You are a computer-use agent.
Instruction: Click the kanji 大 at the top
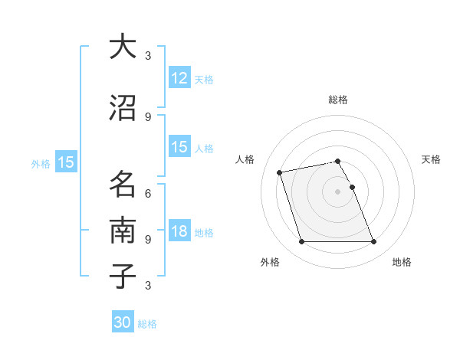123,47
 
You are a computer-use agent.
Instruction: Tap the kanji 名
123,184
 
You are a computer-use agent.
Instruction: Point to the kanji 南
123,230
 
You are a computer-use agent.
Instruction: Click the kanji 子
123,276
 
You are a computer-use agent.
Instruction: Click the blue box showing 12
179,78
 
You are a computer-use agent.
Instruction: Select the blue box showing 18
179,232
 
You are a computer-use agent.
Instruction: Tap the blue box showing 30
123,323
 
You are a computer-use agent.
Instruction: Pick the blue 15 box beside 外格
65,162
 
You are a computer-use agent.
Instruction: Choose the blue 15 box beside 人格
179,147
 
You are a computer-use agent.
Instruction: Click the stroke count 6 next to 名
148,193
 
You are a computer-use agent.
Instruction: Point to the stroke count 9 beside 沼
148,116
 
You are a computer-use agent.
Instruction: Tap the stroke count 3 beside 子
148,286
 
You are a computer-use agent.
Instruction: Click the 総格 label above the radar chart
338,100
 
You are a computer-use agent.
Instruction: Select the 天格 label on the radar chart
431,159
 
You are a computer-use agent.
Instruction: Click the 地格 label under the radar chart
402,262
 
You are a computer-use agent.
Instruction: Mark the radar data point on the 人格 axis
280,172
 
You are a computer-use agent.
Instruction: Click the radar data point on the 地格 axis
373,242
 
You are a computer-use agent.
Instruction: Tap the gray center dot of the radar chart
337,191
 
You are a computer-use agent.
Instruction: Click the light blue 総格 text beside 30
147,324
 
